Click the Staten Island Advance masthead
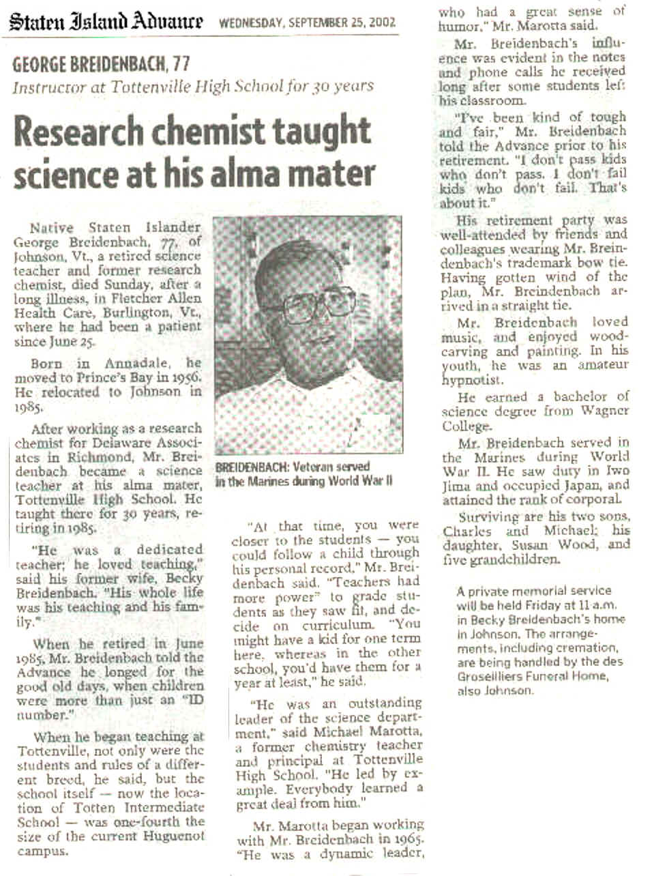(x=106, y=22)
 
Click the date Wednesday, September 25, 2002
(x=307, y=23)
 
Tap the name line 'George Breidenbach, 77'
(x=101, y=65)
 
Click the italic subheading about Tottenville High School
(x=193, y=87)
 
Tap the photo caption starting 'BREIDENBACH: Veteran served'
(x=303, y=473)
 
